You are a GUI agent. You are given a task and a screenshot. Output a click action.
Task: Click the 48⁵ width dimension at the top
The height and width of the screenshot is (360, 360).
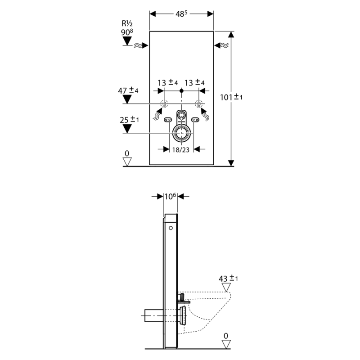tap(181, 14)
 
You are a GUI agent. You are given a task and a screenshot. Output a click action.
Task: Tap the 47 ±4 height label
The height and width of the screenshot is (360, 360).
tap(128, 90)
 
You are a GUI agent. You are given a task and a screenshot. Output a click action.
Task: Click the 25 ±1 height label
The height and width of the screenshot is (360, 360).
tap(128, 120)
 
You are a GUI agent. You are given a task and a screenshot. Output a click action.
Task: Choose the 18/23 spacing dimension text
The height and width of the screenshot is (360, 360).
tap(181, 149)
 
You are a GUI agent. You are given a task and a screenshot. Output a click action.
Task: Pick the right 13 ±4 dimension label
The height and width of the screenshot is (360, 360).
tap(195, 83)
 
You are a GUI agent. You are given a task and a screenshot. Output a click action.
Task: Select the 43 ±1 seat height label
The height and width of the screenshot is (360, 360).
tap(228, 278)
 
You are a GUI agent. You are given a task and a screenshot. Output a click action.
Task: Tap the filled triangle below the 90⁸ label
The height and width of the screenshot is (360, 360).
tap(128, 42)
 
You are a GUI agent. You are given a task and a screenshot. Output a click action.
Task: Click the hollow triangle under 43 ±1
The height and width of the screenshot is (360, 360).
tap(228, 287)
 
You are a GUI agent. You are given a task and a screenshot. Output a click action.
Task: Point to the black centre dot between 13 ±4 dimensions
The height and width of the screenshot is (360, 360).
tap(181, 91)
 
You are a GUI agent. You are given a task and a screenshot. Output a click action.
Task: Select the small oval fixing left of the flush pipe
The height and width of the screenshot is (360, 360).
tap(168, 120)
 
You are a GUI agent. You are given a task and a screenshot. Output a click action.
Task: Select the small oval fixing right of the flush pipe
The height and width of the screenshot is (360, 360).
tap(195, 120)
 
